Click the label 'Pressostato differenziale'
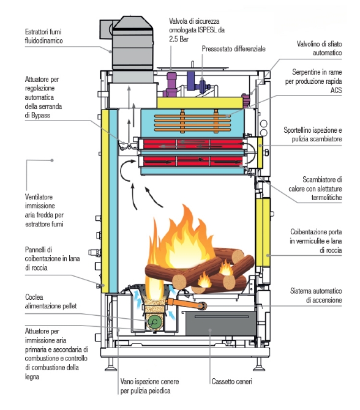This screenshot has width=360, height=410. [233, 49]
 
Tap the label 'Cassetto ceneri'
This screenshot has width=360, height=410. [231, 381]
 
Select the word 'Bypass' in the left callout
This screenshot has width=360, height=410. [40, 115]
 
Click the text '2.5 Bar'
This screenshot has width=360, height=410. [179, 39]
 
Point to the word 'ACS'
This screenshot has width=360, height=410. [336, 90]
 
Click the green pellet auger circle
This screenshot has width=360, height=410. [154, 322]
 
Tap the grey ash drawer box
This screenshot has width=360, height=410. [220, 323]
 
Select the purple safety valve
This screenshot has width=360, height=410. [171, 84]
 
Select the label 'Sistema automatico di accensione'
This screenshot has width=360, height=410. [316, 296]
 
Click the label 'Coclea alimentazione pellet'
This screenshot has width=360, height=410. [51, 302]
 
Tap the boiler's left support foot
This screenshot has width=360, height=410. [111, 364]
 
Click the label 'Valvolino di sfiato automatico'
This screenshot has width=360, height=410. [319, 48]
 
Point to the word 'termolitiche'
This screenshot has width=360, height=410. [326, 198]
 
